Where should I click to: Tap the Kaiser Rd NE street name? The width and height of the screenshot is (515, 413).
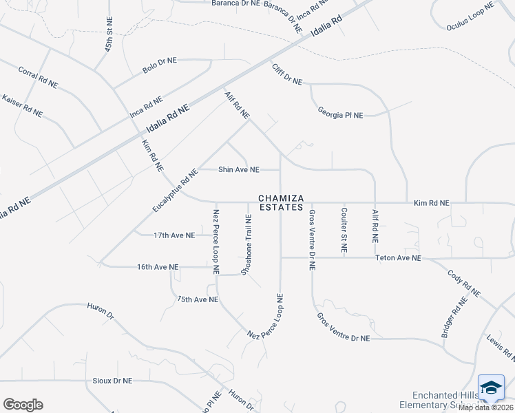(x=23, y=105)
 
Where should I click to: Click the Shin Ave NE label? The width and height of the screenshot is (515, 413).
(x=239, y=169)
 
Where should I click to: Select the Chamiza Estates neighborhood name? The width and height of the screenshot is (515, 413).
(x=280, y=202)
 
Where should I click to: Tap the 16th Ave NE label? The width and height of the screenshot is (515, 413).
(x=158, y=267)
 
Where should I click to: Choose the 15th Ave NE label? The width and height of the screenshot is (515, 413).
(x=198, y=299)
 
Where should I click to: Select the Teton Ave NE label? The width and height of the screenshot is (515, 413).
(x=398, y=258)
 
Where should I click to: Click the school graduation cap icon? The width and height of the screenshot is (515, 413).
(x=492, y=389)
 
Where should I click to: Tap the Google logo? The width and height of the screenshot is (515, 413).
(x=23, y=405)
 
